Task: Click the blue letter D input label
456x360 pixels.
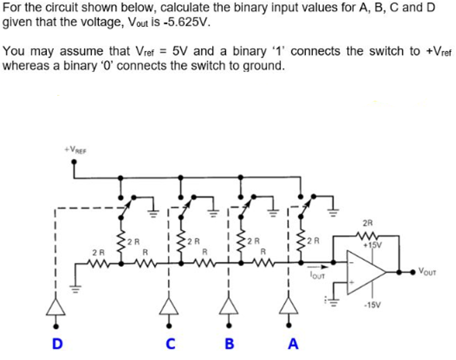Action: tap(57, 343)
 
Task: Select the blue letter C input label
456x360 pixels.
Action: tap(169, 343)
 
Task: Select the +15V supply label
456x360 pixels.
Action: tap(373, 245)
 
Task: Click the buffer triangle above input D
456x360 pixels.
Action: tap(57, 304)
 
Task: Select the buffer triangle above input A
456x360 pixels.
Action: tap(289, 304)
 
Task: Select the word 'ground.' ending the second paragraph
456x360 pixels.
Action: tap(265, 64)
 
